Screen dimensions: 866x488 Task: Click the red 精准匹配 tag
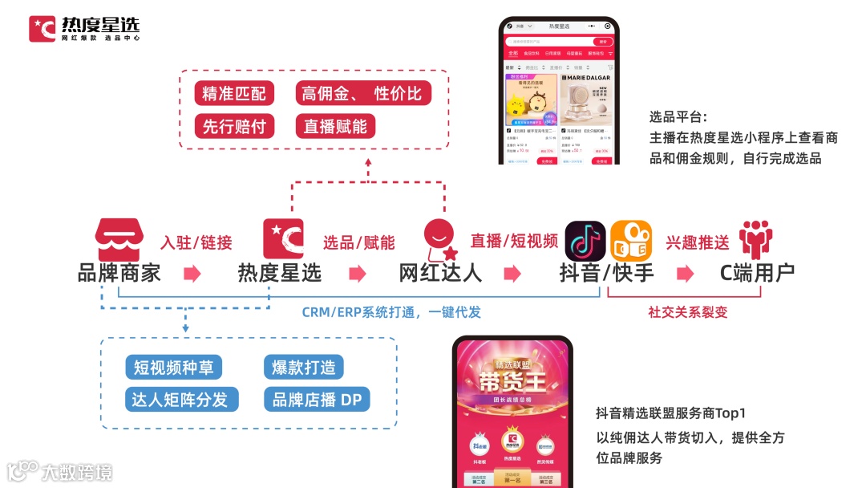pyautogui.click(x=234, y=93)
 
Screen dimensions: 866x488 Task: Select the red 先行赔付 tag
pyautogui.click(x=234, y=126)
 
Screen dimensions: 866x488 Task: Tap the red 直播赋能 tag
pyautogui.click(x=335, y=126)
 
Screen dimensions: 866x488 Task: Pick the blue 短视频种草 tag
pyautogui.click(x=173, y=368)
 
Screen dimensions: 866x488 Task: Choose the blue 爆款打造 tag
pyautogui.click(x=303, y=368)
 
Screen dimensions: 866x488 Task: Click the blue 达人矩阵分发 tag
pyautogui.click(x=181, y=399)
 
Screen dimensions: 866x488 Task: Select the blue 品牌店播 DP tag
pyautogui.click(x=316, y=399)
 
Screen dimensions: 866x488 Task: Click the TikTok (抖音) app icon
pyautogui.click(x=585, y=241)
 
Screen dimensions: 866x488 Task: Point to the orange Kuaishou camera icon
pyautogui.click(x=631, y=241)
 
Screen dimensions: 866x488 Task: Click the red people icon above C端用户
pyautogui.click(x=755, y=239)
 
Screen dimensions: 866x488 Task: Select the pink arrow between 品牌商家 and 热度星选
pyautogui.click(x=192, y=274)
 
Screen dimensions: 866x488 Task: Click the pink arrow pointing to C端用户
pyautogui.click(x=685, y=274)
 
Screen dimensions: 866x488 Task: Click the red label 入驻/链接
pyautogui.click(x=196, y=242)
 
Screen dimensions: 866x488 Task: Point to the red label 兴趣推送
pyautogui.click(x=698, y=242)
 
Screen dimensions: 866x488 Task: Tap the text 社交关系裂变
pyautogui.click(x=688, y=312)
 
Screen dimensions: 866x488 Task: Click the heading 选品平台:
pyautogui.click(x=678, y=117)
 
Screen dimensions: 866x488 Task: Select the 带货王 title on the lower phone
pyautogui.click(x=512, y=378)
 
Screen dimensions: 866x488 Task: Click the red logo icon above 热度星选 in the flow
pyautogui.click(x=283, y=239)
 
